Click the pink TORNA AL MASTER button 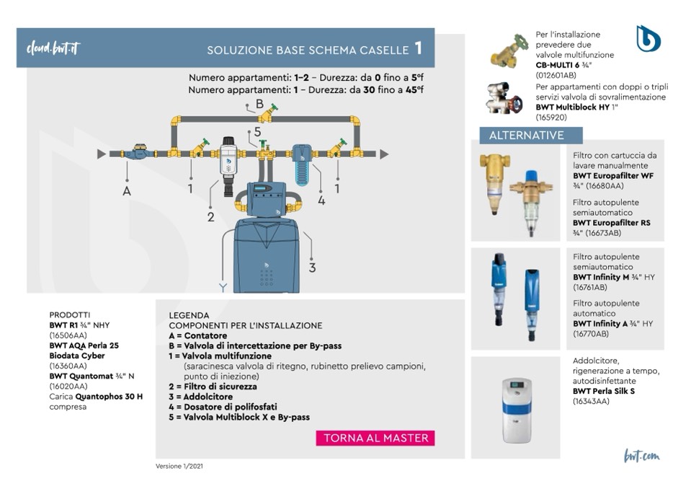[375, 438]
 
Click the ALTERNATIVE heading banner [531, 136]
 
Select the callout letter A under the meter [127, 191]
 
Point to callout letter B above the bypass [259, 104]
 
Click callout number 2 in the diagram [211, 216]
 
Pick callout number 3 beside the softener [312, 268]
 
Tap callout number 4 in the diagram [321, 201]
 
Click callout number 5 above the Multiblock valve [257, 133]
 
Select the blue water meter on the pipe [137, 153]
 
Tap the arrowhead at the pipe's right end [384, 154]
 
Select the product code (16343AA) [591, 402]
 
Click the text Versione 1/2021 [179, 467]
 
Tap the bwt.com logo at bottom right [641, 455]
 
